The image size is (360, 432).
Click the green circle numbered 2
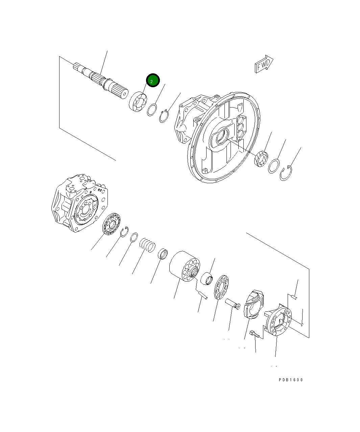tap(152, 80)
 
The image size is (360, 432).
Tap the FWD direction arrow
tap(264, 64)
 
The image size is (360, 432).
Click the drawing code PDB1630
tap(291, 380)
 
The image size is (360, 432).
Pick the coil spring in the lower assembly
tap(148, 245)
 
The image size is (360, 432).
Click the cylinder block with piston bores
tap(185, 265)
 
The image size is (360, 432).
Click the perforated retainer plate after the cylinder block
tap(221, 287)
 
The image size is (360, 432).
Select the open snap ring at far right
tap(286, 173)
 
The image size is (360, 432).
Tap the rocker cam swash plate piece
tap(255, 304)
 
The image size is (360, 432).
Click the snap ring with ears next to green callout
tap(164, 116)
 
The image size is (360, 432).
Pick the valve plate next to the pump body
tap(112, 224)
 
